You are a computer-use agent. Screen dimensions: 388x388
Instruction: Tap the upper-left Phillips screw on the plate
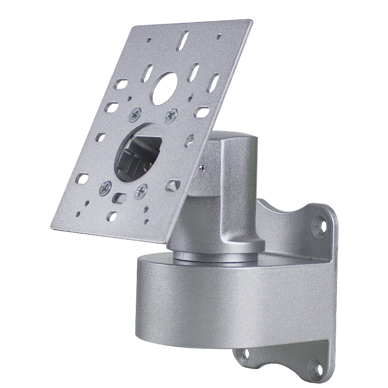coord(133,114)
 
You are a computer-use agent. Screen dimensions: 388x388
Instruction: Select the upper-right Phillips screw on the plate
coord(171,114)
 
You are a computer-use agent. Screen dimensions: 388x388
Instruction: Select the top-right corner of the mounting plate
coord(251,22)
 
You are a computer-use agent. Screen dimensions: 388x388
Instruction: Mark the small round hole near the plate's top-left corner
coord(150,40)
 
